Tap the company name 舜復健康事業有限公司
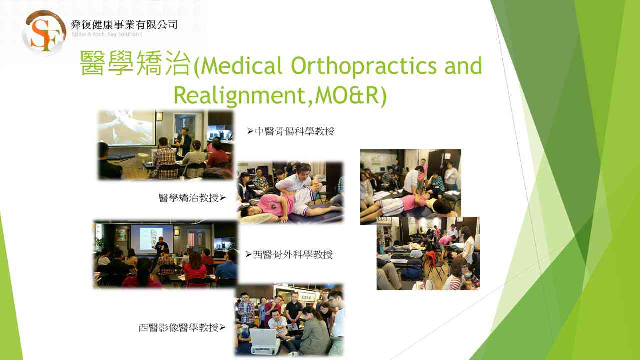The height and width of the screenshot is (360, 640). pos(124,25)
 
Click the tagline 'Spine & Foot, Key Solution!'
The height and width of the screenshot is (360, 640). pos(107,34)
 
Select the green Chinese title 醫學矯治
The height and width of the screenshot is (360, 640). pos(135,63)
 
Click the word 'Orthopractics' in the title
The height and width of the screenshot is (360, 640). pos(363,66)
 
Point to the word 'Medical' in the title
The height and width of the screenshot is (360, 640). pos(242,66)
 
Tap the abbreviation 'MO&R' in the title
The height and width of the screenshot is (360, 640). pos(347,95)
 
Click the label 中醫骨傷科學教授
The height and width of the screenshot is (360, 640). pos(294,131)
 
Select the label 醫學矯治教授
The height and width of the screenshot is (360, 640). pos(189,198)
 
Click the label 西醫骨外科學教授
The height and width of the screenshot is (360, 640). pos(293,255)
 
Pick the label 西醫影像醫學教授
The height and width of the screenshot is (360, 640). pos(178,327)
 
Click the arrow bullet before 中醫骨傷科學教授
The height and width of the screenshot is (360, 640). pos(250,131)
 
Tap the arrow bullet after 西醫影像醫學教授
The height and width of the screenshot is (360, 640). pos(222,327)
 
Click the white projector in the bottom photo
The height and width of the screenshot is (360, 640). pos(264,341)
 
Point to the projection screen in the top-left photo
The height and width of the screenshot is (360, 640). pos(127,128)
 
